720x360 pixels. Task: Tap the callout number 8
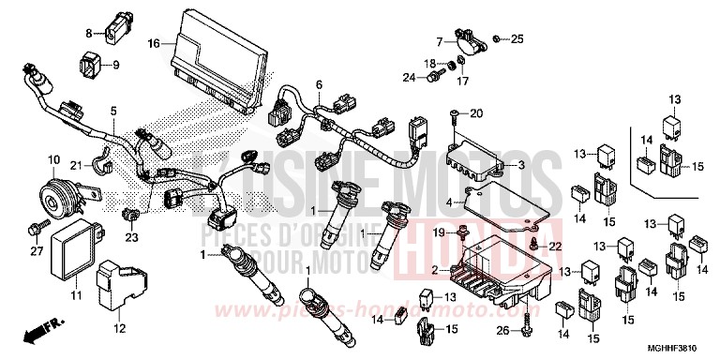89,33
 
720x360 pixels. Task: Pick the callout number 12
119,328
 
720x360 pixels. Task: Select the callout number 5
113,111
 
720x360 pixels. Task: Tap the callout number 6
319,84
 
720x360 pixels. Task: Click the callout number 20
476,113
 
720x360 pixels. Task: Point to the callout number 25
517,38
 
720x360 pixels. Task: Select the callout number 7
438,41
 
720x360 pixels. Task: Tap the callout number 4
451,201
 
